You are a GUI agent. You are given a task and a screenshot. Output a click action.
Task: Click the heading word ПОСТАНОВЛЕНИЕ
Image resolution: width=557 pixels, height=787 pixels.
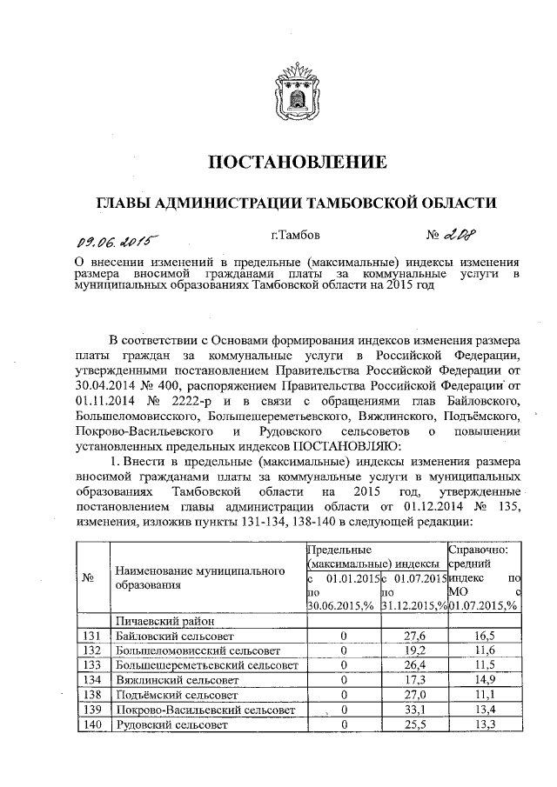tap(296, 163)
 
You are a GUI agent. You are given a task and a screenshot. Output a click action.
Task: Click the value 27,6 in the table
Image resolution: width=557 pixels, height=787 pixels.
tap(413, 637)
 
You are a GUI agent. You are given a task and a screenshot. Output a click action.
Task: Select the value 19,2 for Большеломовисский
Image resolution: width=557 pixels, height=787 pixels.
tap(413, 651)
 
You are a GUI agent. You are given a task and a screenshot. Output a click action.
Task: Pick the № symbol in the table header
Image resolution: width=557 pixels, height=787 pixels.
tap(87, 577)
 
